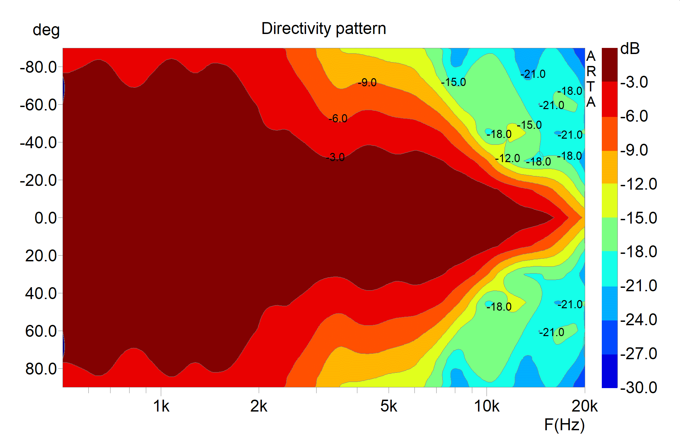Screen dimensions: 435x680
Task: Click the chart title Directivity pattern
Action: click(x=324, y=29)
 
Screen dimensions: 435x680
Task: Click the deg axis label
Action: click(x=46, y=31)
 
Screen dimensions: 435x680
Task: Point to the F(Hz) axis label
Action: click(x=564, y=424)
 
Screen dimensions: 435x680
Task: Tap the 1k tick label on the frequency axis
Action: click(x=161, y=406)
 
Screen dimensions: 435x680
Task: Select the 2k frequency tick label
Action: click(x=259, y=406)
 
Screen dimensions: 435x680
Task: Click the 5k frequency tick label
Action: click(x=389, y=406)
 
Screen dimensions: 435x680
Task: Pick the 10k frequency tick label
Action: click(x=487, y=406)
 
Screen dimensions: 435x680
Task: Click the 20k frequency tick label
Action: click(x=584, y=406)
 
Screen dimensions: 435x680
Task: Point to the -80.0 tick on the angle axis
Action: click(x=38, y=67)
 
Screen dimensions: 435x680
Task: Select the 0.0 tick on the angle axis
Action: click(x=46, y=218)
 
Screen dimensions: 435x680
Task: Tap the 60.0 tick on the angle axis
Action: click(x=41, y=331)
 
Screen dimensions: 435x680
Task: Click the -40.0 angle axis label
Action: click(x=38, y=143)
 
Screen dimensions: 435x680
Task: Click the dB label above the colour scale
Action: click(x=630, y=49)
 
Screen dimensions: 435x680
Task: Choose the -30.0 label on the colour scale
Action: click(x=639, y=387)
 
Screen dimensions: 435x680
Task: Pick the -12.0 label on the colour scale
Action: click(x=639, y=184)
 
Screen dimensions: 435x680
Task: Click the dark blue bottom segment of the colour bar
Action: click(x=609, y=371)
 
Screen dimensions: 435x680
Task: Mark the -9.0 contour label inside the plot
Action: click(x=367, y=83)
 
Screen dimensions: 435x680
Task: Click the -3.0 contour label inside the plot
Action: click(x=336, y=157)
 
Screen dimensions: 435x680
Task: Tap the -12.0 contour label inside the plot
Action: click(x=508, y=158)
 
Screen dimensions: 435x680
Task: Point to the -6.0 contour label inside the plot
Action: click(x=338, y=119)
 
